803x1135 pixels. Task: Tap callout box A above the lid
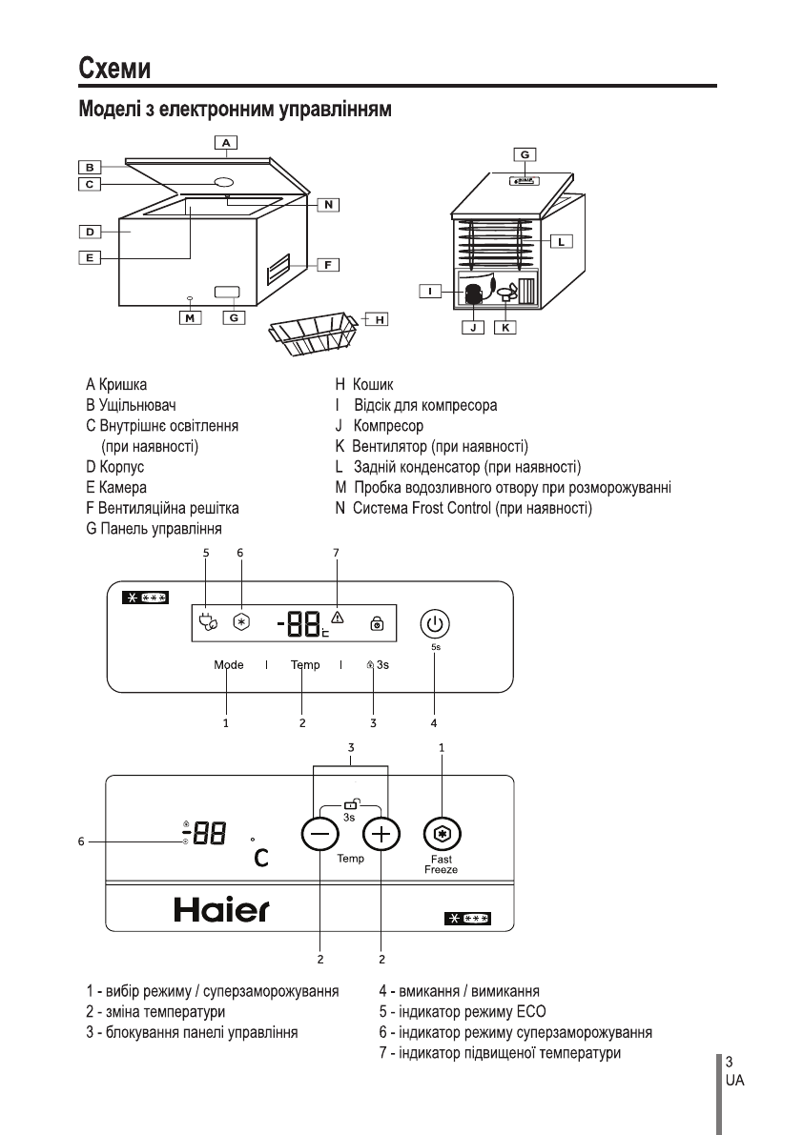[x=225, y=143]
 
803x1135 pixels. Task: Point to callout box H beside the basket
[x=380, y=319]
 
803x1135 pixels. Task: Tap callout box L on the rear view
[x=562, y=241]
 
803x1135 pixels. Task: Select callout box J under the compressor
[x=471, y=327]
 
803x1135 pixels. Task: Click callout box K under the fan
[x=505, y=327]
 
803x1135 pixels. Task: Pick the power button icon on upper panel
[x=435, y=624]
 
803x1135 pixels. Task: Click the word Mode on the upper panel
[x=229, y=665]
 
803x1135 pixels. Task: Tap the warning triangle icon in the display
[x=337, y=617]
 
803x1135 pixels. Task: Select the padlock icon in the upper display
[x=377, y=625]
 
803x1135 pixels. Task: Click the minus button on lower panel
[x=319, y=836]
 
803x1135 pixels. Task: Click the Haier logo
[x=221, y=911]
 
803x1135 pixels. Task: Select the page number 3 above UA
[x=729, y=1062]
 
